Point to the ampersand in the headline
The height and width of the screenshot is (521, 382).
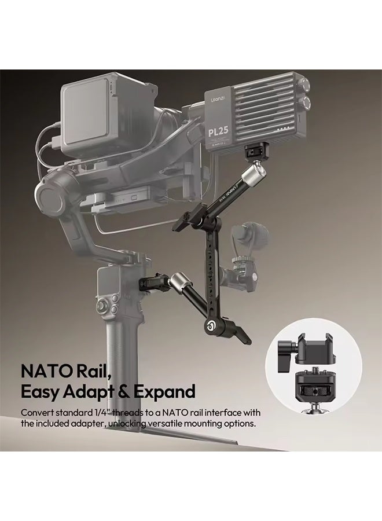[x=124, y=391]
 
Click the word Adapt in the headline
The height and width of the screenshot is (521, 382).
[x=89, y=391]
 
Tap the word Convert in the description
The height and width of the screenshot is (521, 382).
[x=38, y=413]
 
